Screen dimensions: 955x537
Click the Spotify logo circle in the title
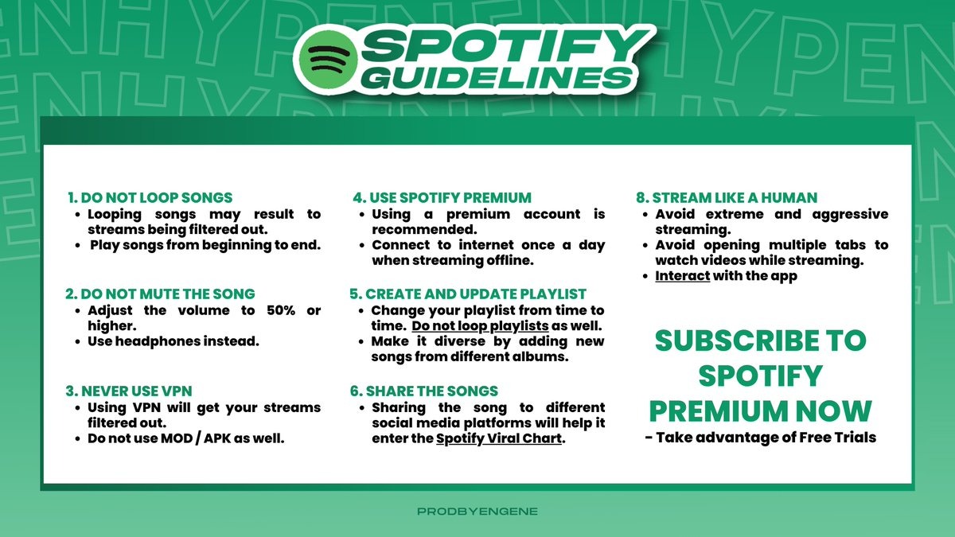328,59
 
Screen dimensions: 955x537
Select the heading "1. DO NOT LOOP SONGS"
150,198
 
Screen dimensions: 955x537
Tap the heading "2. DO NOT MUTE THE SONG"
160,294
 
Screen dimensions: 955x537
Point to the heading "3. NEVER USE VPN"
129,391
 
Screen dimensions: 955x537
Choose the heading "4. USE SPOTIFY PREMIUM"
442,198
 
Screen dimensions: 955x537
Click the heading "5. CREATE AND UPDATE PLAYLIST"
468,294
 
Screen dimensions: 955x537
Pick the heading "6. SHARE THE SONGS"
423,391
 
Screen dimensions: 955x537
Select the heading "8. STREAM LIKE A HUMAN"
727,198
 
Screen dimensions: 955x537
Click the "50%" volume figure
280,310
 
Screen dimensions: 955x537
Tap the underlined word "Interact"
683,276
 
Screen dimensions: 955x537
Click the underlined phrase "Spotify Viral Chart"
499,438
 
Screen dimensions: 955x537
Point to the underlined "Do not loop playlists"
480,326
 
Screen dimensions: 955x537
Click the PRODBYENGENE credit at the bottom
477,512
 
